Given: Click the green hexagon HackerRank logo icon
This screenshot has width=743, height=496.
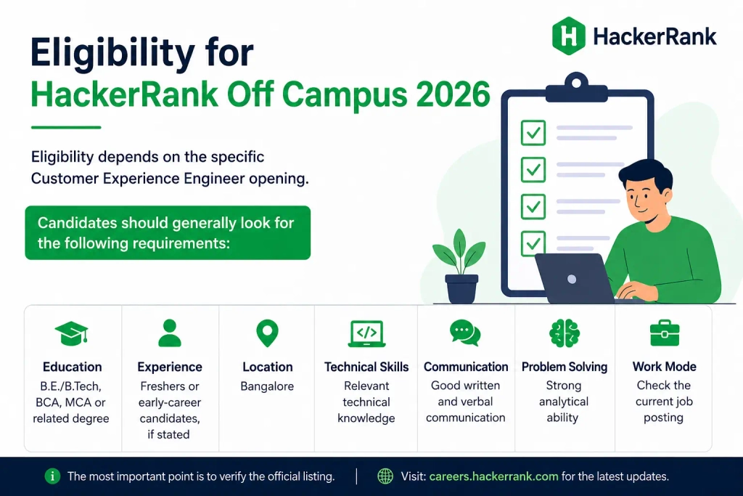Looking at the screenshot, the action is (x=568, y=36).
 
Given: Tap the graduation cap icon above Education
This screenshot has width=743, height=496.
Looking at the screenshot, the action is (x=72, y=333).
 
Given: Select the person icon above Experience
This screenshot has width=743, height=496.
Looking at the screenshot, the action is (x=170, y=333).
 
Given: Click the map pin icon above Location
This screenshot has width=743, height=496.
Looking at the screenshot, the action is (x=267, y=333).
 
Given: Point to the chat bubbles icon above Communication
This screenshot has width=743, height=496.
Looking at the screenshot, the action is (x=465, y=333).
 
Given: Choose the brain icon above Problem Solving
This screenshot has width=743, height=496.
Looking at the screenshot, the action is (x=565, y=333).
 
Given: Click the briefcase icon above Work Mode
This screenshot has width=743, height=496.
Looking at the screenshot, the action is (x=665, y=333).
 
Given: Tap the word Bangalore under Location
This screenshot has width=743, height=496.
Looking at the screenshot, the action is (x=267, y=386).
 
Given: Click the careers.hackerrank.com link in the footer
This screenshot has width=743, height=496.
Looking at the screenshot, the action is (x=493, y=476).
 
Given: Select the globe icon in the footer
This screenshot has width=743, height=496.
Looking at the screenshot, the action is (x=385, y=476).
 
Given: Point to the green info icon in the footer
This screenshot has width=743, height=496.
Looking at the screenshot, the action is (x=52, y=476).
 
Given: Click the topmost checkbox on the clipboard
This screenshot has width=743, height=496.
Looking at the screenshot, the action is (x=533, y=132).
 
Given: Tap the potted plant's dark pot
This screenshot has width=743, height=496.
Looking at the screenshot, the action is (x=461, y=288).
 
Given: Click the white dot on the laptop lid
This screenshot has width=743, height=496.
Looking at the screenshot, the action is (x=572, y=279).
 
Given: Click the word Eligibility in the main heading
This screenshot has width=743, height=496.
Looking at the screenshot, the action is (x=112, y=52).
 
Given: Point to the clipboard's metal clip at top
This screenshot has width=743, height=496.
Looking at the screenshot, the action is (x=577, y=89).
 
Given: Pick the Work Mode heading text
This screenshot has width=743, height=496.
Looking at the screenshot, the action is (x=665, y=367).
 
